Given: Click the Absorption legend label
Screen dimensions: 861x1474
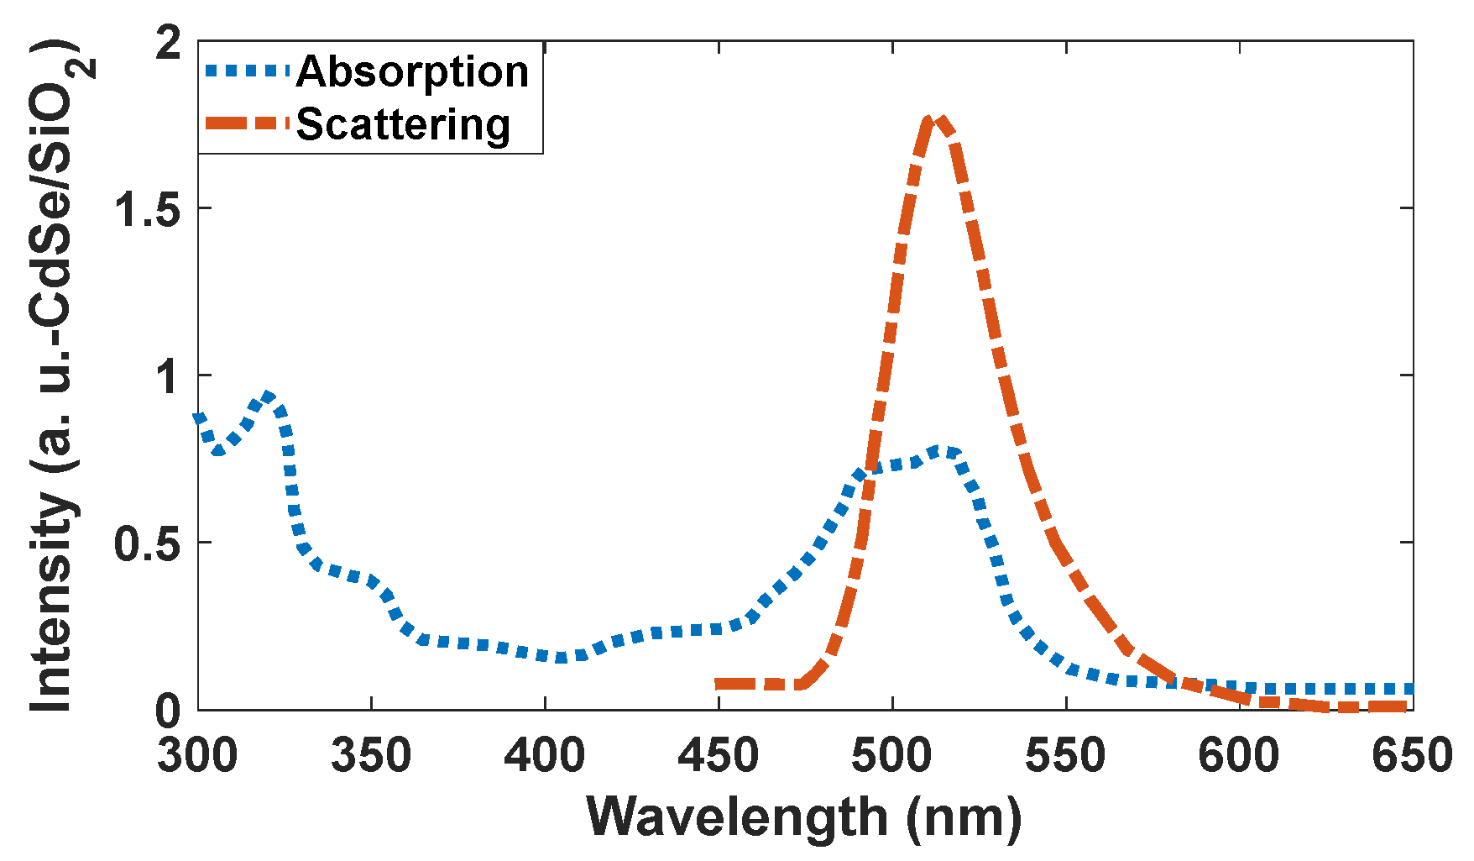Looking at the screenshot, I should [x=412, y=72].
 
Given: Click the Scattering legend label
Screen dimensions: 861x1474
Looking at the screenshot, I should [x=403, y=125].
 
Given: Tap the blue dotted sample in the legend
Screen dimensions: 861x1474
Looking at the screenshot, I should [x=248, y=71].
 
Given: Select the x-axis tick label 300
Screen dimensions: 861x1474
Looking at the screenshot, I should [x=198, y=755].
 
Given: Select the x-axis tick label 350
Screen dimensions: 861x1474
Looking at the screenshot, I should [x=371, y=755].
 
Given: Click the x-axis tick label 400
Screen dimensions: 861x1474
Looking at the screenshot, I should [x=545, y=755].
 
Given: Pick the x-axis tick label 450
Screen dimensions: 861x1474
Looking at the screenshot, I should [x=719, y=755].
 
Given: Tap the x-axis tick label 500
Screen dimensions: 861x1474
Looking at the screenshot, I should [x=892, y=755].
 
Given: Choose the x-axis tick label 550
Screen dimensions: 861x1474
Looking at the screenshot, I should [x=1066, y=755].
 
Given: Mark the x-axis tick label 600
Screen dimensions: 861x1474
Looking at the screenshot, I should [x=1239, y=755].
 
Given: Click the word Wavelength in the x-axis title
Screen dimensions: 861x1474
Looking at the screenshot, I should [x=738, y=817].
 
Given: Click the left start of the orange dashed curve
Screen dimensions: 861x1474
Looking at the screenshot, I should [x=719, y=685].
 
